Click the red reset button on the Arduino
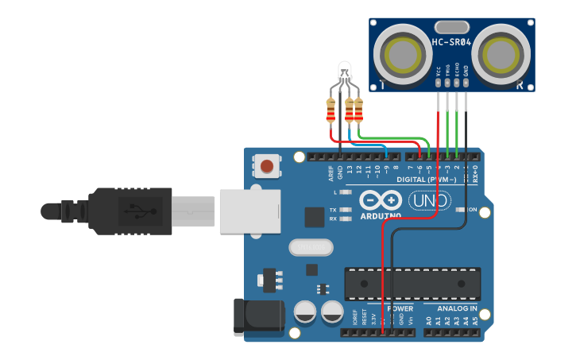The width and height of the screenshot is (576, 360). (267, 167)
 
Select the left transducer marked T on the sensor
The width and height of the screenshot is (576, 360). (404, 55)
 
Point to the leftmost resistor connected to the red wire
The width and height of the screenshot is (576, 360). (331, 110)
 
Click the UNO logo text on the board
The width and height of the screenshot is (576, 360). (429, 201)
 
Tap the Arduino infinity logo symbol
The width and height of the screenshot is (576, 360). (380, 199)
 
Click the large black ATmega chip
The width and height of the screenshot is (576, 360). (412, 284)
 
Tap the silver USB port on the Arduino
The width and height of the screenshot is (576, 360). (249, 211)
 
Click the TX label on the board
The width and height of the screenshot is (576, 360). (333, 210)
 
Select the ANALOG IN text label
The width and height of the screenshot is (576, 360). (456, 308)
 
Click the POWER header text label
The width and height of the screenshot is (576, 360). (400, 308)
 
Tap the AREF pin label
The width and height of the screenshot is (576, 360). (331, 172)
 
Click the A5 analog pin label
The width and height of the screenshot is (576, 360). (475, 321)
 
